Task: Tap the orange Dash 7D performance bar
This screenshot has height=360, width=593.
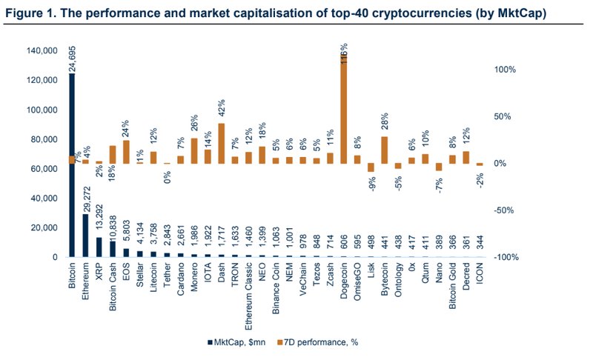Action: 221,143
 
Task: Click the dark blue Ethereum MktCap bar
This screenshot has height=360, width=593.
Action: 85,236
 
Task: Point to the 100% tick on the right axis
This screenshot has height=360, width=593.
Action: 505,70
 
